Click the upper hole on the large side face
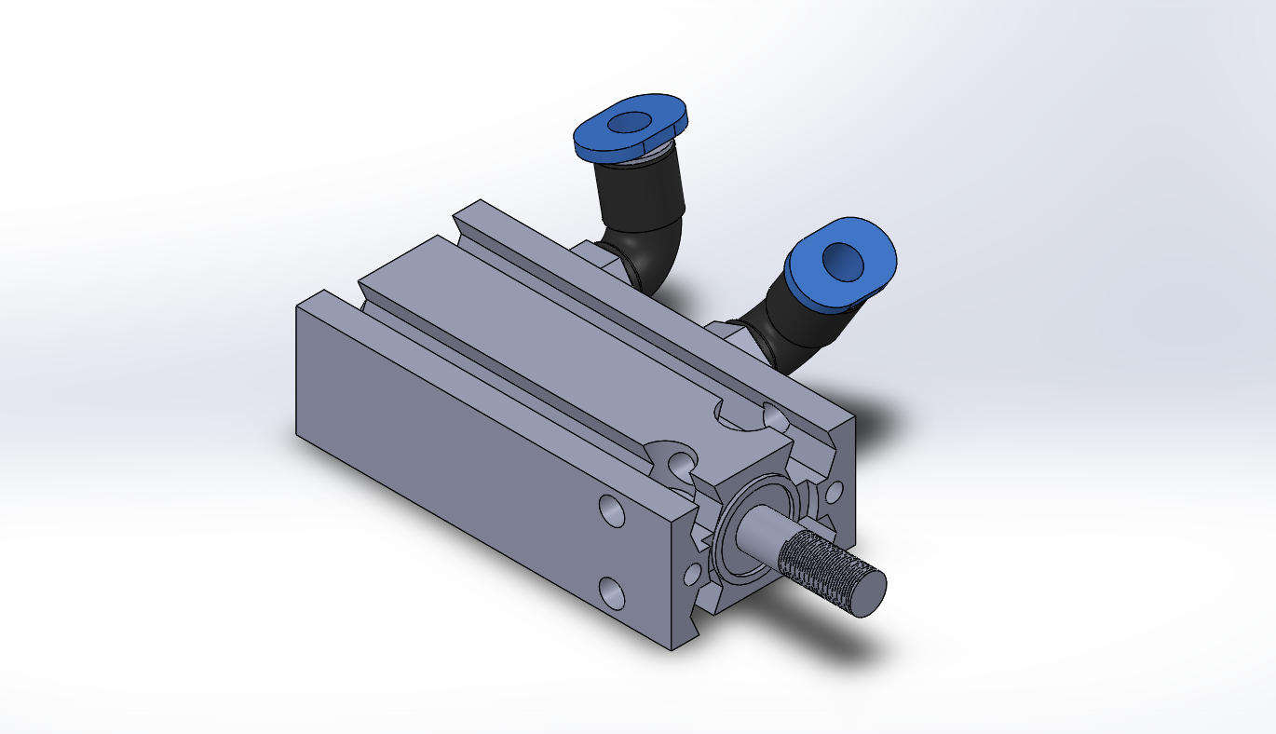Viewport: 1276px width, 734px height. (x=611, y=510)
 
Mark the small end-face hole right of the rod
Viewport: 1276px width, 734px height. (x=835, y=490)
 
